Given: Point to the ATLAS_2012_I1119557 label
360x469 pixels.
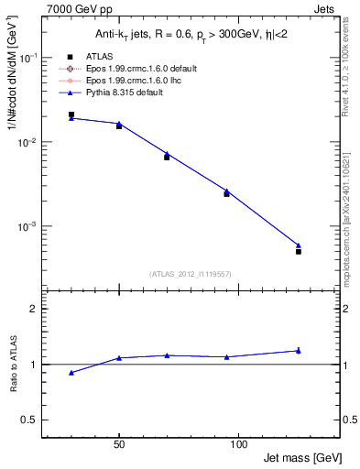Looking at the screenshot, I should tap(189, 274).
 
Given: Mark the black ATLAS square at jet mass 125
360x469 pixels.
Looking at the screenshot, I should tap(299, 251).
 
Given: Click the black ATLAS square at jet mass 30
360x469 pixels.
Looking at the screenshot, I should tap(71, 115).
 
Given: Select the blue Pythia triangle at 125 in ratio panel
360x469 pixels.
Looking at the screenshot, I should tap(299, 350).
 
